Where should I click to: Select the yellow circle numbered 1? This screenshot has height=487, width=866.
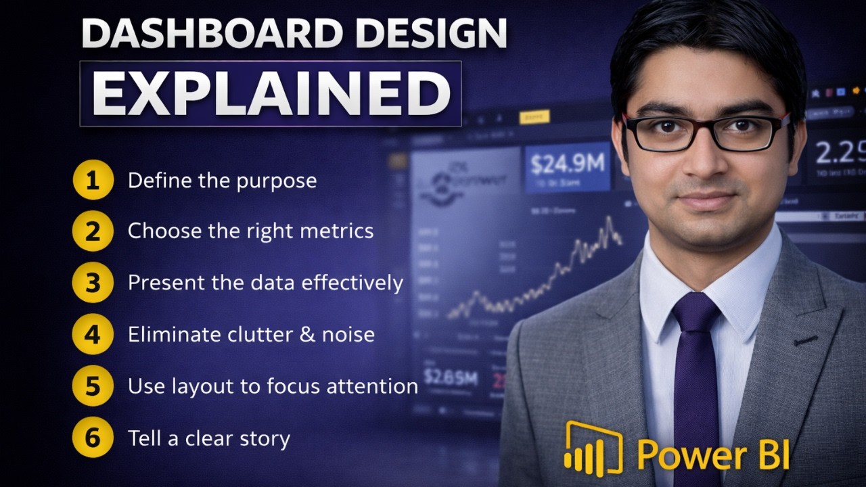pos(93,181)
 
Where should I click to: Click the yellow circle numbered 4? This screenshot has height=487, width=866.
pos(93,334)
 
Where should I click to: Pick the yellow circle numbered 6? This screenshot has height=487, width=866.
pos(93,438)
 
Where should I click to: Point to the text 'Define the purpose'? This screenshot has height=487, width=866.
pos(222,181)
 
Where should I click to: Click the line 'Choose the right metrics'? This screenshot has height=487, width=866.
pos(250,231)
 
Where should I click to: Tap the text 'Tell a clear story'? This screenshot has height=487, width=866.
pos(208,438)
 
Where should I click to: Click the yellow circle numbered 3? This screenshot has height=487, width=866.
pos(93,283)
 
